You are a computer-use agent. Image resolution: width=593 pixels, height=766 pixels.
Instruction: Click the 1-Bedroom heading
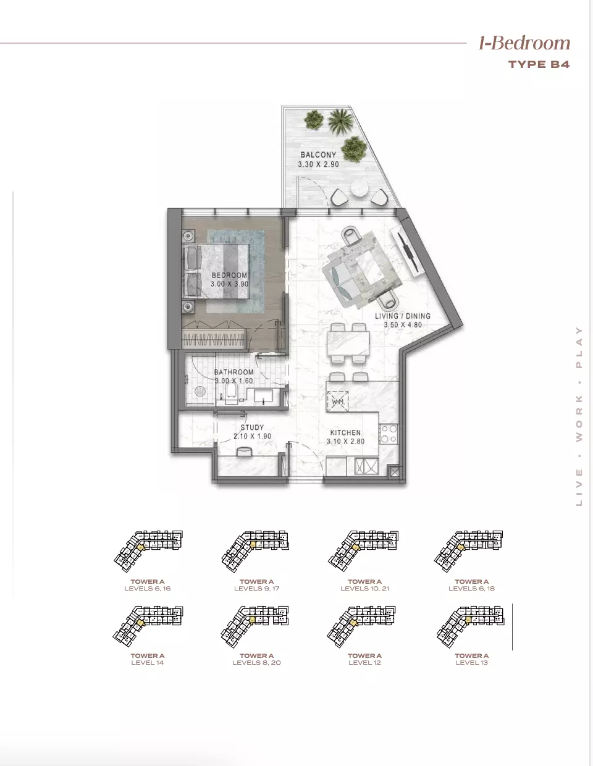(x=524, y=43)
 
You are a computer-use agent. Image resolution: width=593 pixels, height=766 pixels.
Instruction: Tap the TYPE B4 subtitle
(x=539, y=64)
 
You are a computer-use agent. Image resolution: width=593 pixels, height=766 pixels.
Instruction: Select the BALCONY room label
(x=318, y=155)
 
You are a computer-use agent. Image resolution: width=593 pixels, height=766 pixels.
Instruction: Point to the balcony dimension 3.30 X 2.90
(x=318, y=164)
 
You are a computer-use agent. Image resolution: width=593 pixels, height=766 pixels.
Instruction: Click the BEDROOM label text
(x=229, y=276)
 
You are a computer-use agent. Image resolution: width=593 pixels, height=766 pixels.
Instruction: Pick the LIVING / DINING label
(x=402, y=316)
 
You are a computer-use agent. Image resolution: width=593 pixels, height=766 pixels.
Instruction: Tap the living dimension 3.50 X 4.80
(x=402, y=325)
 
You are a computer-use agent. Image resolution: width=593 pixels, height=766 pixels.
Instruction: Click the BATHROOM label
(x=233, y=372)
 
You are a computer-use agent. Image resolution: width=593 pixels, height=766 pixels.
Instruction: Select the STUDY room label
(x=252, y=427)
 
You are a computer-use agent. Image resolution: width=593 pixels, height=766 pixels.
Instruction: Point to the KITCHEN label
(x=345, y=433)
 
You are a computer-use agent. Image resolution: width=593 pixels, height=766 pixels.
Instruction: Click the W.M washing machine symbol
(x=338, y=402)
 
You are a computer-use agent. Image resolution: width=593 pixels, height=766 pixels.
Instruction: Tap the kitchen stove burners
(x=389, y=434)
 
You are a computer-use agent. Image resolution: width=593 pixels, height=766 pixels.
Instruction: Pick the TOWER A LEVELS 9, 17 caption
(x=256, y=585)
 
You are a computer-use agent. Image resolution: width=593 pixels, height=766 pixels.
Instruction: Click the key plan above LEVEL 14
(x=148, y=625)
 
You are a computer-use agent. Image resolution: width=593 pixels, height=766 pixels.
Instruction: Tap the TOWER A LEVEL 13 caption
(x=471, y=659)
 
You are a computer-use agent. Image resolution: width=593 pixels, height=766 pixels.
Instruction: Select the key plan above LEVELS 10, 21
(x=364, y=550)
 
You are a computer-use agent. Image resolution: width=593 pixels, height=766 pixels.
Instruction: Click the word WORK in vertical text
(x=579, y=419)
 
